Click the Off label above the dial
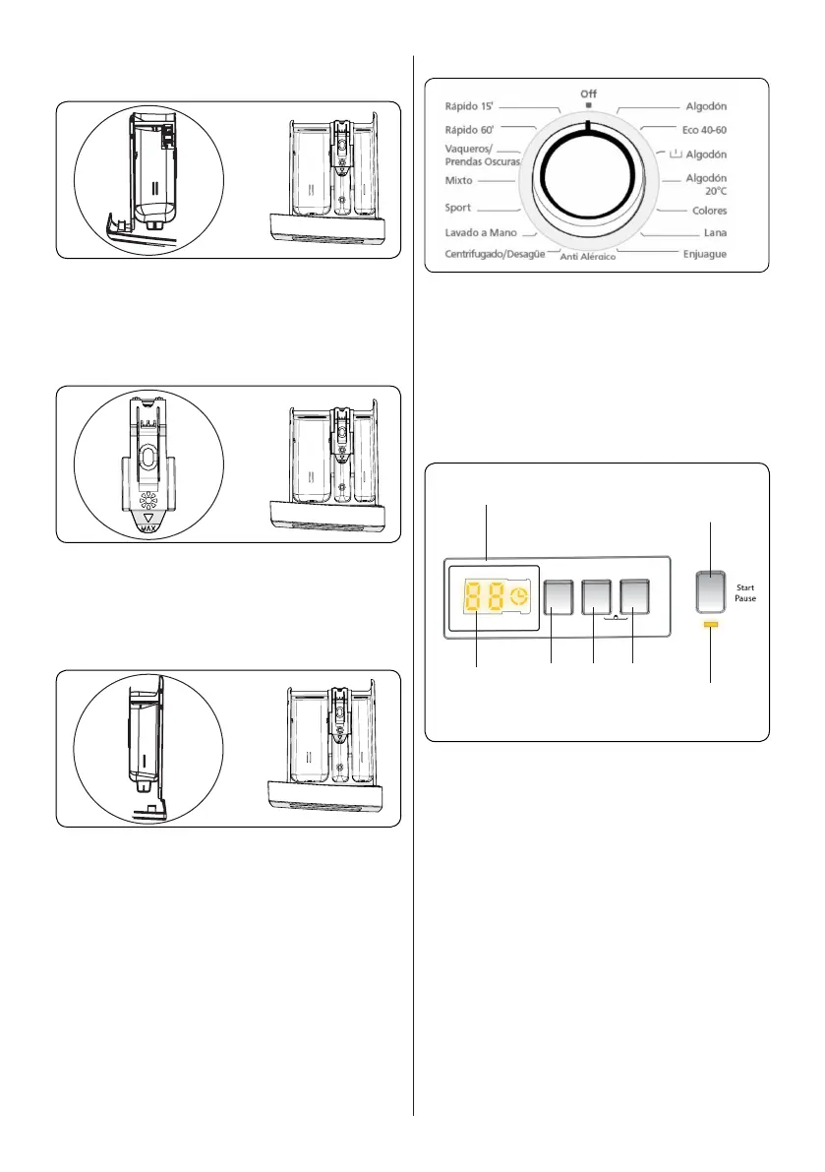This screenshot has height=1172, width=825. pos(588,93)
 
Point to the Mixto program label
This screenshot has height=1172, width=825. pos(459,182)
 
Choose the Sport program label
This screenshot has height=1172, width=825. pos(458,209)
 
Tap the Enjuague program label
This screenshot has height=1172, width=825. pos(699,255)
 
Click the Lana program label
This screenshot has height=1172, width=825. pos(714,234)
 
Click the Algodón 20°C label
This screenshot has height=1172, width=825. pos(707,185)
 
